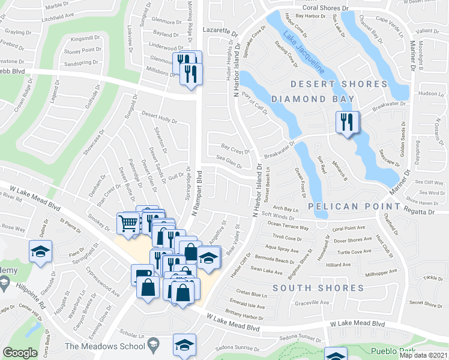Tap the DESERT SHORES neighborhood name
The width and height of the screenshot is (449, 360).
(339, 84)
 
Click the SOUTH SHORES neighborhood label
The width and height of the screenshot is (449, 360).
(318, 288)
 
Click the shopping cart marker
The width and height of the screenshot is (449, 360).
(127, 223)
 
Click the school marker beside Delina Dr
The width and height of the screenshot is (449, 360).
(40, 251)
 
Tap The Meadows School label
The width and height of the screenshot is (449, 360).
(103, 346)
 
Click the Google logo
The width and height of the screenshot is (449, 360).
(20, 353)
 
